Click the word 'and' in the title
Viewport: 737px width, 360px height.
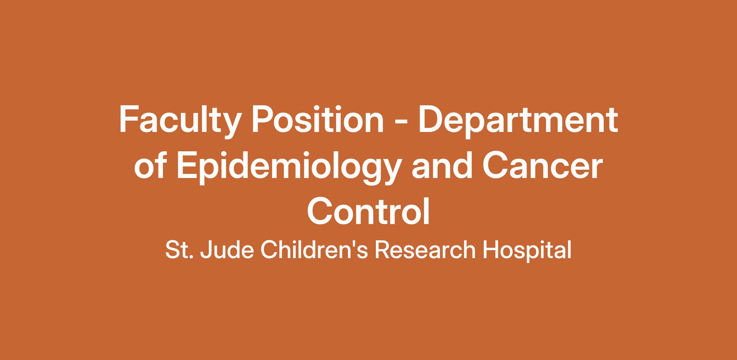tap(442, 166)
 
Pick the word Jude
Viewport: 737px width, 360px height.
tap(227, 250)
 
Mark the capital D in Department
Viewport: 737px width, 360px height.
tap(432, 120)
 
